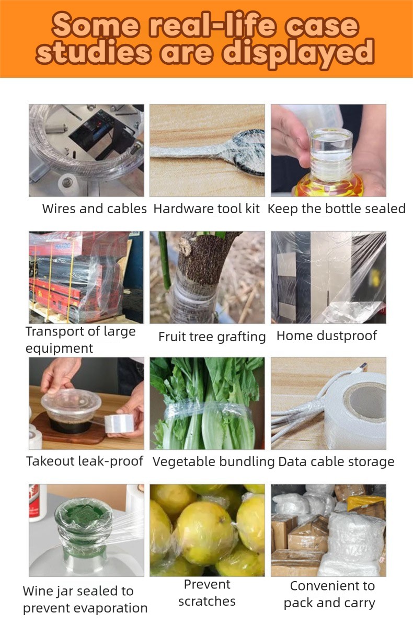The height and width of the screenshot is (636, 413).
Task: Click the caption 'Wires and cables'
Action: click(x=94, y=209)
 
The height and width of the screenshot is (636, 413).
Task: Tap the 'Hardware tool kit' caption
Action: click(x=206, y=209)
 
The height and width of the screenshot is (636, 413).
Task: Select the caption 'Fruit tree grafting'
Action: click(x=212, y=337)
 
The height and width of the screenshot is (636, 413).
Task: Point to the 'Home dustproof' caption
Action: click(x=327, y=336)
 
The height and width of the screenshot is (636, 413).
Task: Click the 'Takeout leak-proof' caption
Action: click(x=85, y=461)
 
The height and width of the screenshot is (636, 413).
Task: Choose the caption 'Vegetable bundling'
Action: click(x=214, y=462)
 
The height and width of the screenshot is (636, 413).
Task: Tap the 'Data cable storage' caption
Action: click(x=336, y=462)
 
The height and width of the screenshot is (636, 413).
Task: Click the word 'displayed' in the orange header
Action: click(x=298, y=54)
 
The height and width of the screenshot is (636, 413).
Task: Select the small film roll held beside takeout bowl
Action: click(x=119, y=423)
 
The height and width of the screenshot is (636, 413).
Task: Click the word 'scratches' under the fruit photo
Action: click(x=207, y=601)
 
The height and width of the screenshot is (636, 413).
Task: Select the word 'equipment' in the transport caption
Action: click(x=59, y=349)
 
